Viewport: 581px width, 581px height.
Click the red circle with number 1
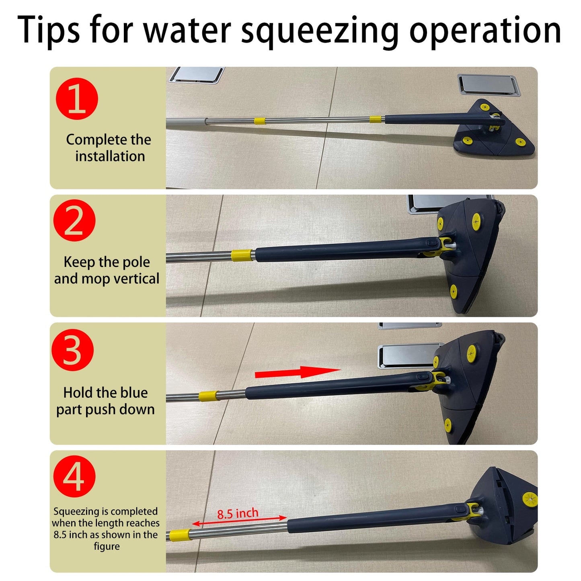77,99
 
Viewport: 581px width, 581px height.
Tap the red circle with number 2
74,220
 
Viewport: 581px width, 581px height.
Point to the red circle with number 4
74,476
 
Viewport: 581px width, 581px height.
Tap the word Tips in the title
49,29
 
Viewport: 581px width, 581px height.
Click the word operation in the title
485,30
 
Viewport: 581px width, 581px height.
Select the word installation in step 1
110,156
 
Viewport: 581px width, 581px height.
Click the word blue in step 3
134,392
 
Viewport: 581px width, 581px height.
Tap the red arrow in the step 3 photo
297,372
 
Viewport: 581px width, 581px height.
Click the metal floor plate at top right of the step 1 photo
489,85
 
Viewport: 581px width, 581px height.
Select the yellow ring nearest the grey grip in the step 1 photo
259,121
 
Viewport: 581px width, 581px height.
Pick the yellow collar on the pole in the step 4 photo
180,535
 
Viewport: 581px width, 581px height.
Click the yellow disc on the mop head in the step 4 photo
530,500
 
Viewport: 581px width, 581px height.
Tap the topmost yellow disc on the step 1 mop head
485,107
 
